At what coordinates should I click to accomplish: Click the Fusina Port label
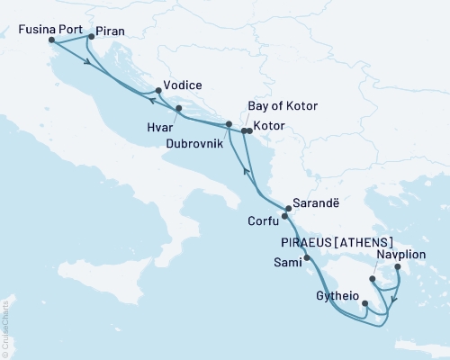click(x=44, y=27)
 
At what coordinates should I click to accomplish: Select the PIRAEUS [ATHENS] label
click(x=337, y=242)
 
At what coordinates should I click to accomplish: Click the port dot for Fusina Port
click(x=51, y=40)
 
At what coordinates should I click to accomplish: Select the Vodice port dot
click(x=158, y=90)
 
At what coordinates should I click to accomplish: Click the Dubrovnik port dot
click(x=229, y=124)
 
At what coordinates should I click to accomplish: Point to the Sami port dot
click(x=307, y=258)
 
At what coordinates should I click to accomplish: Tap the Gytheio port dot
click(x=364, y=302)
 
